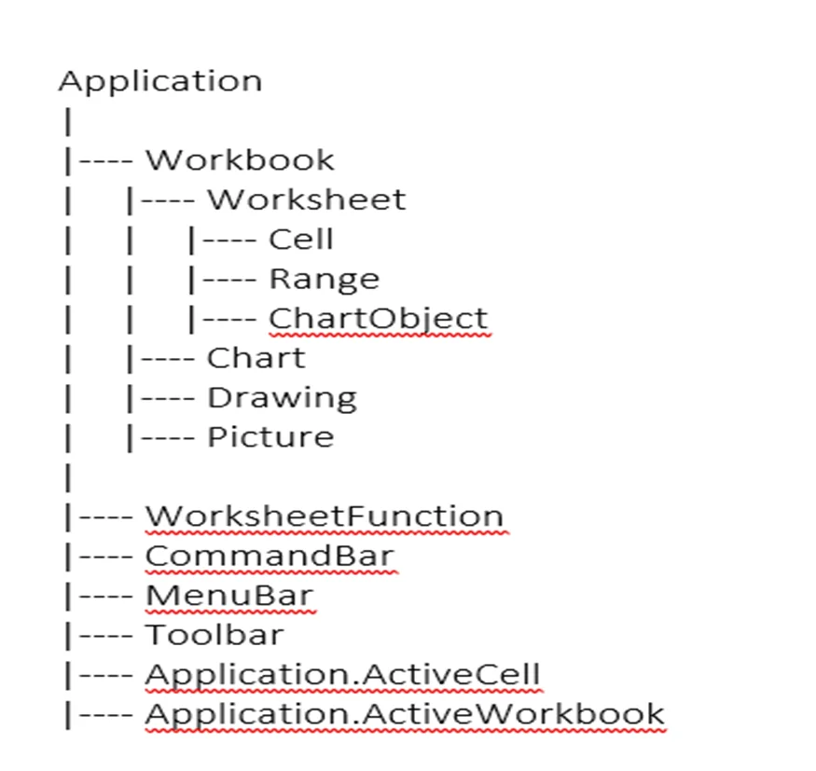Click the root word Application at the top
point(160,82)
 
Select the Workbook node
point(240,159)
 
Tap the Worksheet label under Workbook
point(307,200)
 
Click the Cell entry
point(301,239)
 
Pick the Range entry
point(325,280)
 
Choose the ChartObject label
point(379,319)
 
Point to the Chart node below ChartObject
point(256,358)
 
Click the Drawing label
point(282,398)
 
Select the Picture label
point(270,437)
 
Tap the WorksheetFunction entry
point(325,516)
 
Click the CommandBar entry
point(270,556)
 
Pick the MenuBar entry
point(229,595)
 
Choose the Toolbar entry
point(214,635)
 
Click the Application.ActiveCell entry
point(343,675)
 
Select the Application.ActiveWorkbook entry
point(405,715)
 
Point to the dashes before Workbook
point(106,162)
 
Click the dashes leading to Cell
point(229,241)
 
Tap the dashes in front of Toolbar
point(106,637)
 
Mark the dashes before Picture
point(168,439)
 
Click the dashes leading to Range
point(229,281)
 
